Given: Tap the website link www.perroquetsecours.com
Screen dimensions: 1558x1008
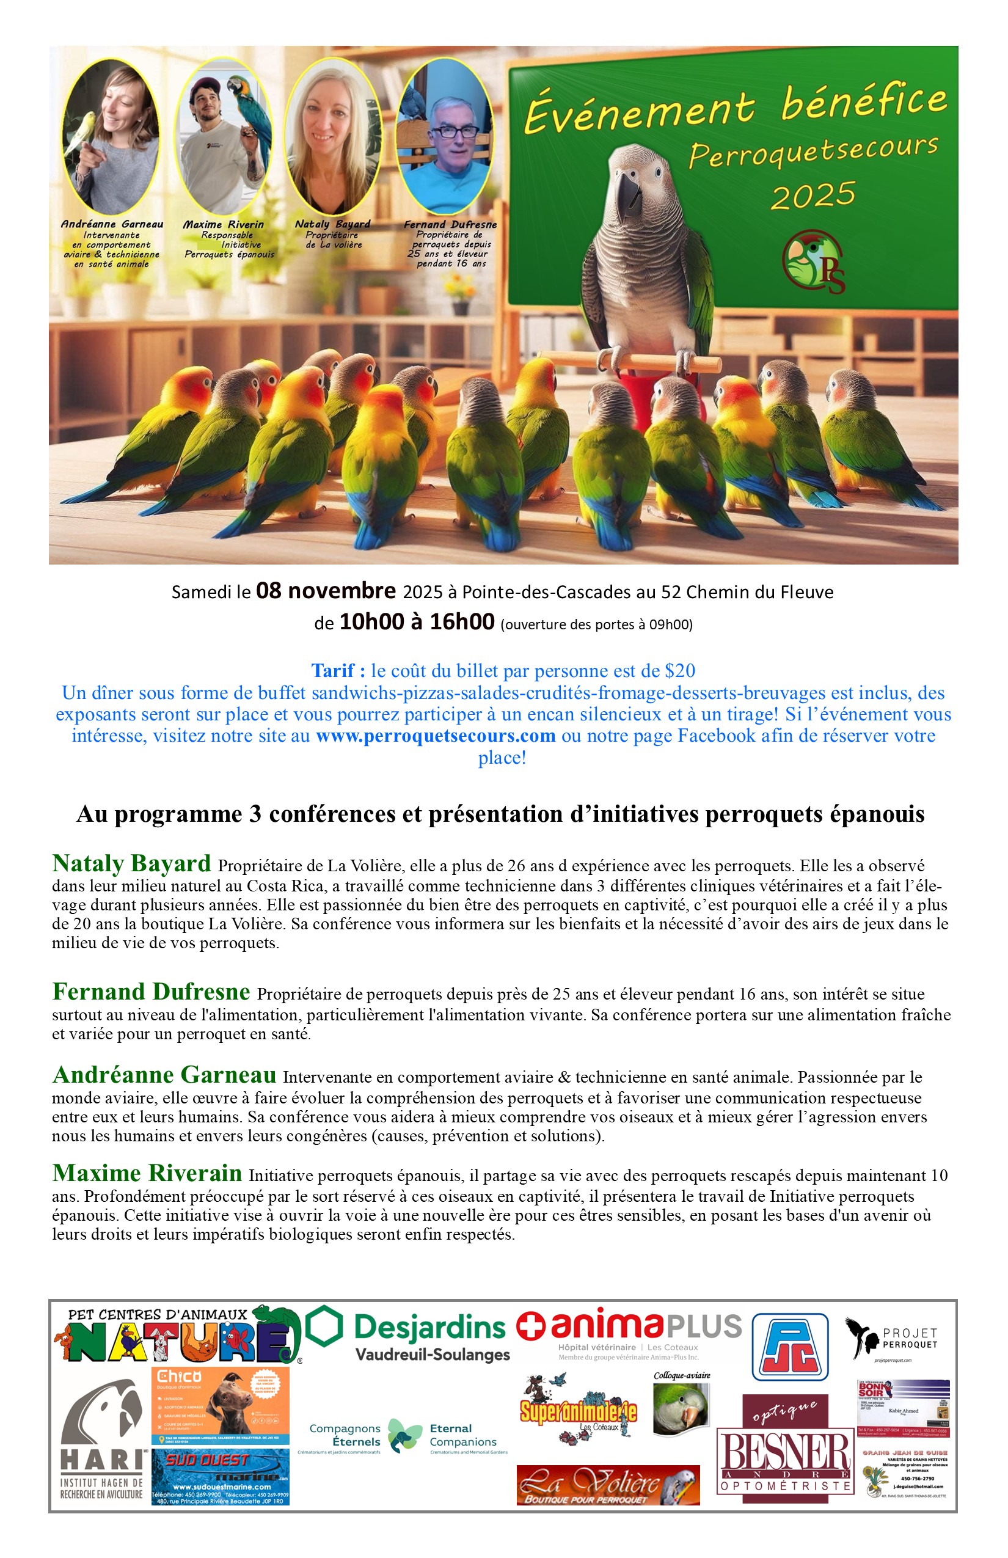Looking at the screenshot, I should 435,736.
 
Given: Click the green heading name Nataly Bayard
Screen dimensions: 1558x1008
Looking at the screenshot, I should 131,863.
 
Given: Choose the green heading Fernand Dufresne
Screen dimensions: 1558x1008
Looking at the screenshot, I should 152,992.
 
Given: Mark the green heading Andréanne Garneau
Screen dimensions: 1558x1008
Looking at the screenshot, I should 164,1075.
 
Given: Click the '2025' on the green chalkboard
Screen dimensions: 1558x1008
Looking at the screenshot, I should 813,196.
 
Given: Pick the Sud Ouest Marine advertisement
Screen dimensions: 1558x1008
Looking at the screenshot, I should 221,1476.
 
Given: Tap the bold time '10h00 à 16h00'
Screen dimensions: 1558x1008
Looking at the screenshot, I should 416,621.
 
